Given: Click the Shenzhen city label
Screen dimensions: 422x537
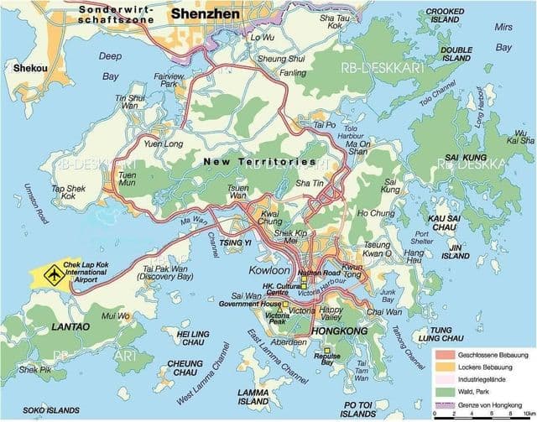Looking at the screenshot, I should tap(206, 14).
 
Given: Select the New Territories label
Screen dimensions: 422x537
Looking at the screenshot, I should tap(260, 160).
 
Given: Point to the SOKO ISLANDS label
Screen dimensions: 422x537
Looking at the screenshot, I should tap(34, 409).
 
